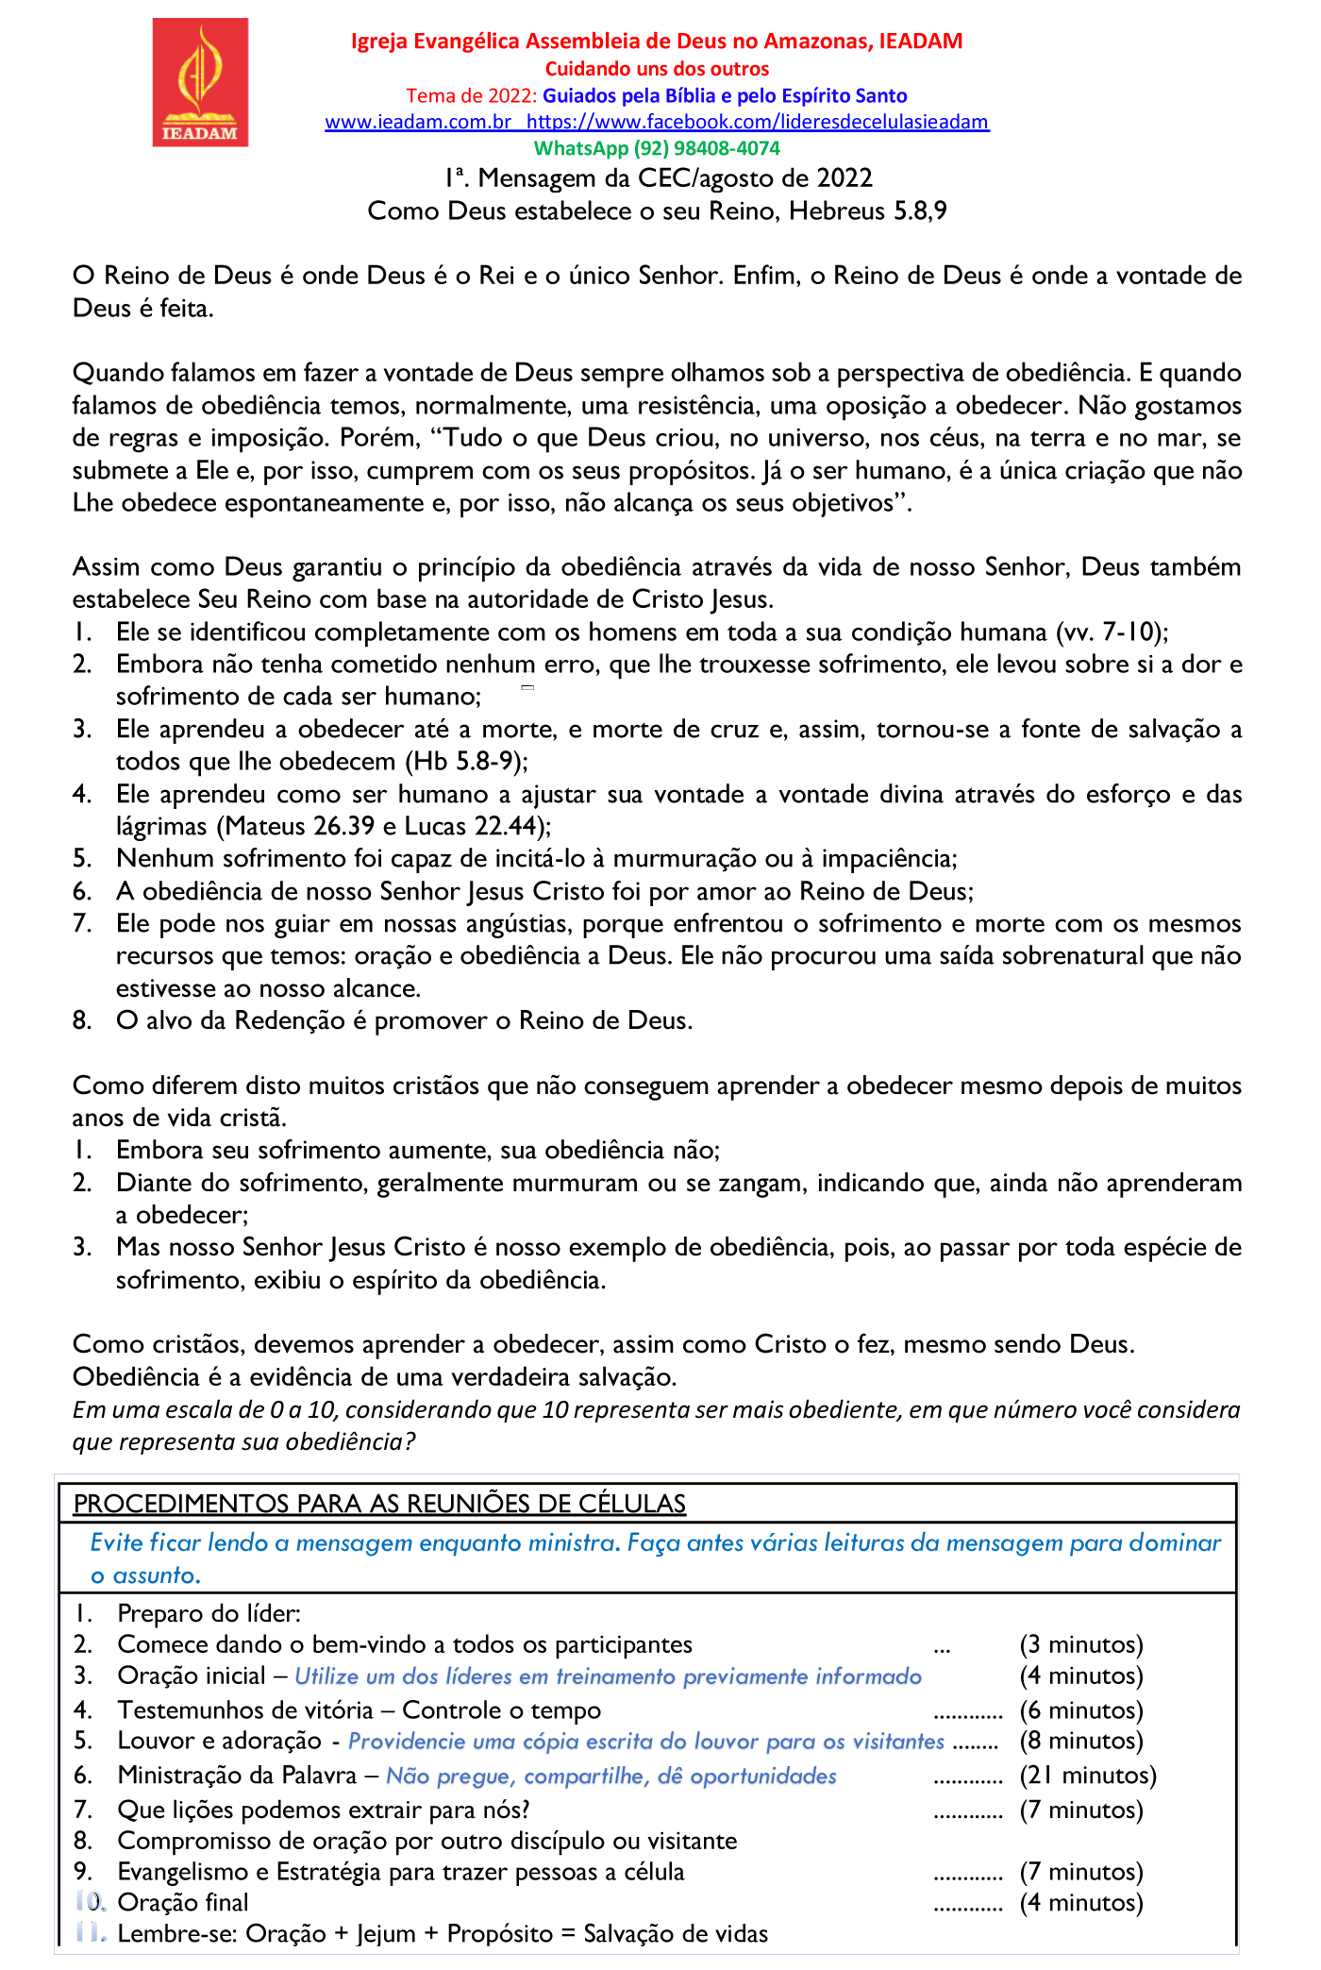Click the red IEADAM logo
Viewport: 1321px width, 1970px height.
click(x=200, y=82)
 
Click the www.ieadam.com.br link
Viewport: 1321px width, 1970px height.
click(x=418, y=122)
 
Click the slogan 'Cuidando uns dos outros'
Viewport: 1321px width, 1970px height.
click(x=657, y=69)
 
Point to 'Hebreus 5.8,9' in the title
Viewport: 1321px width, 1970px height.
click(x=867, y=210)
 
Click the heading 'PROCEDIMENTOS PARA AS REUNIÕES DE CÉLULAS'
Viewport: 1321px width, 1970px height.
click(x=379, y=1504)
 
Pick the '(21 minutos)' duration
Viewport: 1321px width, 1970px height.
click(x=1088, y=1776)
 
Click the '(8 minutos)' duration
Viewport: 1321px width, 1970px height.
click(x=1081, y=1741)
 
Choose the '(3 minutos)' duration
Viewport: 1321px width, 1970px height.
click(x=1081, y=1644)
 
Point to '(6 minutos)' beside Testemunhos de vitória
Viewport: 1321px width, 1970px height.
click(x=1081, y=1710)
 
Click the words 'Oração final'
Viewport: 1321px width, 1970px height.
click(x=183, y=1902)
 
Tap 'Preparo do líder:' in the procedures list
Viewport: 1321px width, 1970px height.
click(x=209, y=1613)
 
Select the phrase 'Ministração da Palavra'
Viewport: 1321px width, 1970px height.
click(x=237, y=1776)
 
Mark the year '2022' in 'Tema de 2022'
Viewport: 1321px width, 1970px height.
click(x=510, y=95)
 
